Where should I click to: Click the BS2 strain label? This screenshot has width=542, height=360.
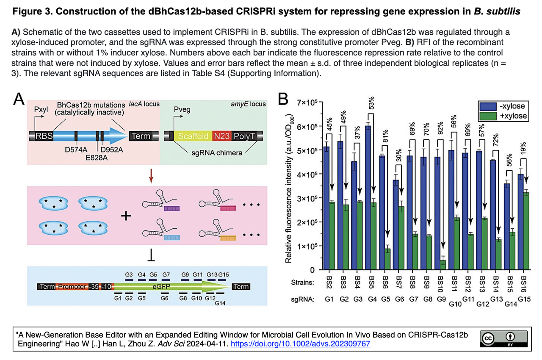tap(327, 282)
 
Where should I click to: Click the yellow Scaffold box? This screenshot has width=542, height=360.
tap(193, 136)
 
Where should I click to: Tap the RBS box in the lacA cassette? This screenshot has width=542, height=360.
tap(44, 136)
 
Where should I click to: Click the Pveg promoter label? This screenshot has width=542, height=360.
tap(182, 110)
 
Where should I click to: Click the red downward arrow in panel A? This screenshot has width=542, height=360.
tap(151, 176)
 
